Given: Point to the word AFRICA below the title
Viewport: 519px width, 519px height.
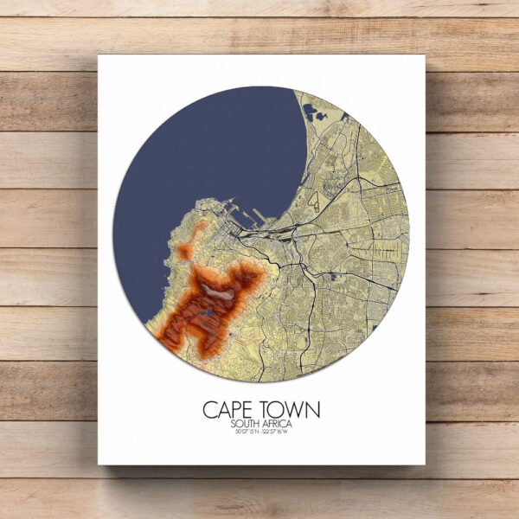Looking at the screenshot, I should [278, 424].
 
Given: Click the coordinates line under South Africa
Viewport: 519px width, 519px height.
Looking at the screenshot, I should [259, 432].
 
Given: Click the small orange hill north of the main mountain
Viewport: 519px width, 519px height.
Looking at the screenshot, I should [185, 252].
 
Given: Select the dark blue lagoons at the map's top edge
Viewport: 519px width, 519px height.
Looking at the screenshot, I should [311, 112].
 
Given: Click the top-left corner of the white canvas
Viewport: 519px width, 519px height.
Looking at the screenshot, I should [99, 56].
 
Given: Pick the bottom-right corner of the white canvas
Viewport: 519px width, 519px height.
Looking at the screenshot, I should [426, 465].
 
